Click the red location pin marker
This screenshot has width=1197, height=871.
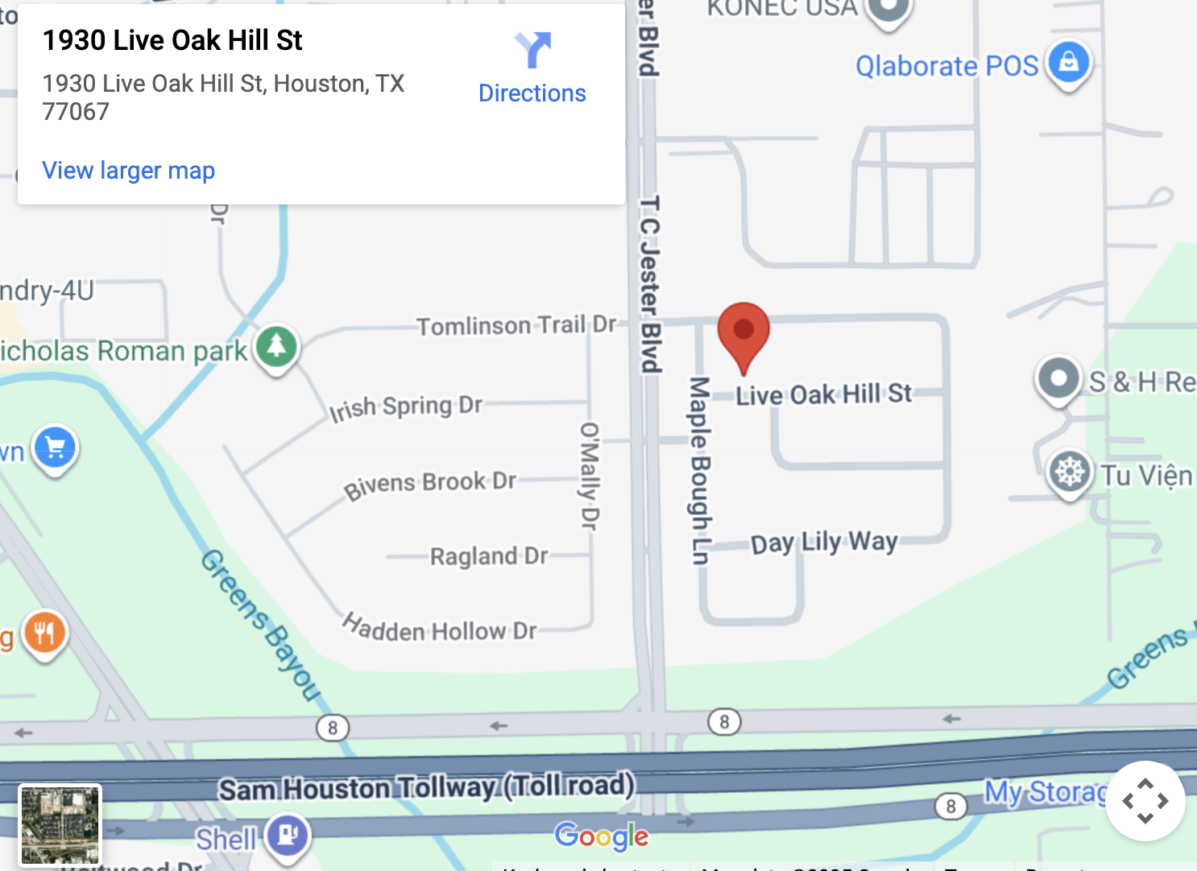pos(743,332)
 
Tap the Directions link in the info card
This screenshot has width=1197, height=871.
pos(532,93)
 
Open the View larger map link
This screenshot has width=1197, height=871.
pos(129,171)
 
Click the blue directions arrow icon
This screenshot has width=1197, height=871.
pos(532,50)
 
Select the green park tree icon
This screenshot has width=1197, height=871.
pos(277,346)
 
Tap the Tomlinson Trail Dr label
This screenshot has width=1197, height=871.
pos(516,325)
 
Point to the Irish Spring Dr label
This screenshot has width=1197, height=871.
pos(406,407)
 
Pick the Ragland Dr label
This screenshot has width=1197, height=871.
pos(488,556)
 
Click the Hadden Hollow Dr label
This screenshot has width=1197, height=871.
pos(439,629)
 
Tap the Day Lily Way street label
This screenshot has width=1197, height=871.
pos(823,543)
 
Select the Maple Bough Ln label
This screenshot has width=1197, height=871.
pos(699,470)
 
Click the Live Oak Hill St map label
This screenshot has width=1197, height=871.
pos(823,394)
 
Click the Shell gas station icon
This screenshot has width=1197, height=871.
pos(288,834)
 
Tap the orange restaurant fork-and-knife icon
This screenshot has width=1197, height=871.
pos(45,633)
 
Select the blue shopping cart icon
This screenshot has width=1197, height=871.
pos(55,447)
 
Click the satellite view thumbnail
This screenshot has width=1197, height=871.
pos(60,825)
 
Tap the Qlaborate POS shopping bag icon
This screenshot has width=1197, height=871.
pos(1068,61)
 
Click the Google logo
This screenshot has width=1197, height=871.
pos(601,836)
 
